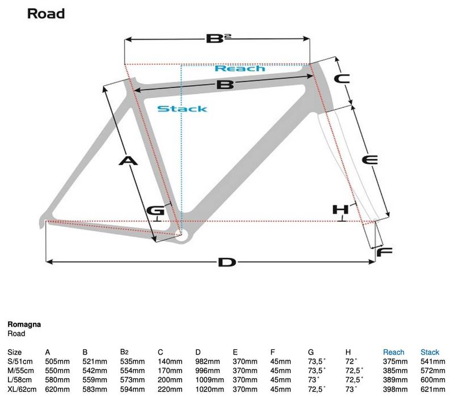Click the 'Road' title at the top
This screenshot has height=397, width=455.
click(x=46, y=13)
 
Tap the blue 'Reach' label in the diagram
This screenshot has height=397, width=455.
click(x=240, y=69)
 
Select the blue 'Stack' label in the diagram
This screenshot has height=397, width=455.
click(x=182, y=108)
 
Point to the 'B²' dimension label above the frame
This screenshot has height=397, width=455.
click(x=218, y=39)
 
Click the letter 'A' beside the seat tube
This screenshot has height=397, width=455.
click(x=128, y=161)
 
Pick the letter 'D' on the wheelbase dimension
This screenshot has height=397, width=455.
click(x=226, y=262)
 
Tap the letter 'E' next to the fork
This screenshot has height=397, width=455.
click(x=369, y=161)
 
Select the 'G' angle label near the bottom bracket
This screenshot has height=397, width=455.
click(x=155, y=210)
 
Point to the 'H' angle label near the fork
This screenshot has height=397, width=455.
click(x=340, y=210)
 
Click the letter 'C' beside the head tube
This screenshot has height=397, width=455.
click(x=340, y=79)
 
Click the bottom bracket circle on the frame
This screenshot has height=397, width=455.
click(x=180, y=234)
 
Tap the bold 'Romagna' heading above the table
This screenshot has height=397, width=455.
click(x=24, y=325)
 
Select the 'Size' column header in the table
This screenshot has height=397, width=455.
click(x=15, y=352)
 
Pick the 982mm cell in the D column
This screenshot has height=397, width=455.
click(x=207, y=361)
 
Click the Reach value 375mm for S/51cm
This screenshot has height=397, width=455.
click(x=395, y=361)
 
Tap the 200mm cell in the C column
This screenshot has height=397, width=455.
click(x=170, y=379)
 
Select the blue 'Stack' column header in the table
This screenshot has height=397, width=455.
click(x=430, y=352)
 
